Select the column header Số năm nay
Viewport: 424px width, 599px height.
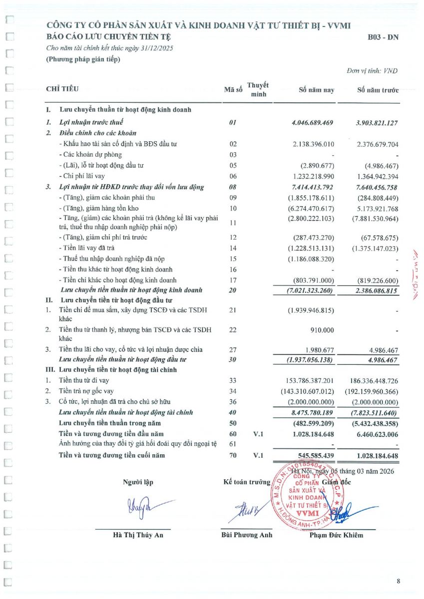[316, 90]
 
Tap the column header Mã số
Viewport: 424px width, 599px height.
[233, 90]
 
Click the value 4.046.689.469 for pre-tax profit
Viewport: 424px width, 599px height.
[312, 122]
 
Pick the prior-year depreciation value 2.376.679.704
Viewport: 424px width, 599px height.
[378, 144]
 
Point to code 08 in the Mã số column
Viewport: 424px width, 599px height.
[233, 187]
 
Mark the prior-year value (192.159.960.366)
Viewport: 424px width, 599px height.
[372, 391]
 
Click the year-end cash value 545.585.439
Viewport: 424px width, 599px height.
[314, 455]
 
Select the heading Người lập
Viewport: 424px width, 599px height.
[138, 482]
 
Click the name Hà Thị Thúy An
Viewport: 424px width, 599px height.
[138, 536]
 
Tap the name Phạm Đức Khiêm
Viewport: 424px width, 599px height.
[336, 536]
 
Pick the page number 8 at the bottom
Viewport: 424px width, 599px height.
[399, 581]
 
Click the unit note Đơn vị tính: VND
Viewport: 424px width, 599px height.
[373, 71]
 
